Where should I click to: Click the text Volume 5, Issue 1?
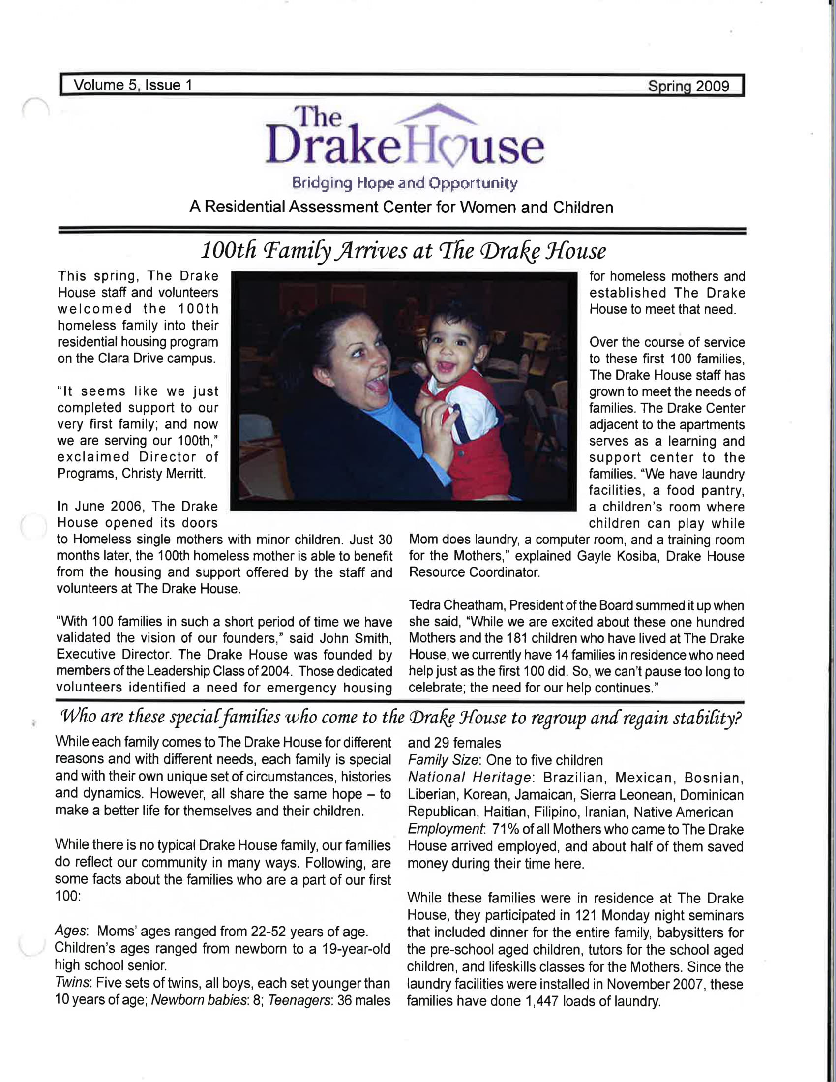pos(133,85)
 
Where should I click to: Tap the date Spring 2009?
pos(688,87)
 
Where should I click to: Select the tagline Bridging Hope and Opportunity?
pos(405,183)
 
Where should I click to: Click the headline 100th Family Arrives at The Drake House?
pos(403,251)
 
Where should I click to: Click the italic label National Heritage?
pos(469,777)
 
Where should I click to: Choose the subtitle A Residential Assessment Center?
pos(401,207)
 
